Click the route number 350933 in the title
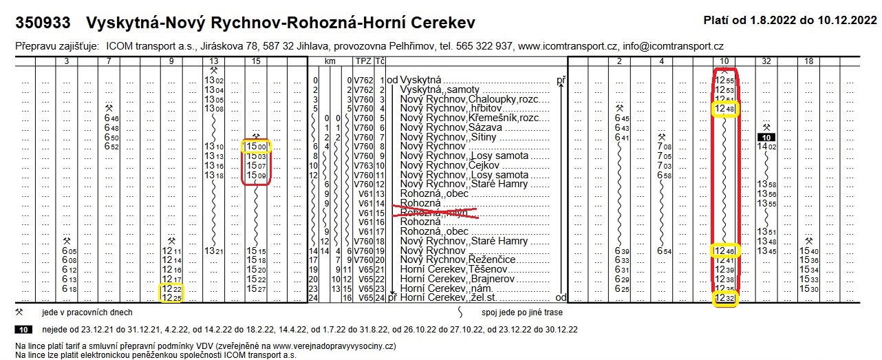click(x=43, y=23)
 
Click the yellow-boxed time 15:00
click(x=256, y=146)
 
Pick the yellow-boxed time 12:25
click(x=171, y=298)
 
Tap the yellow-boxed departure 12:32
click(x=724, y=298)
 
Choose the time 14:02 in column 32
click(x=766, y=146)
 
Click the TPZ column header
click(x=363, y=61)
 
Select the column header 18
click(x=809, y=61)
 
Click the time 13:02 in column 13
click(x=214, y=80)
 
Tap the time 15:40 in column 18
click(x=810, y=251)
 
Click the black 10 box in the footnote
click(x=24, y=330)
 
